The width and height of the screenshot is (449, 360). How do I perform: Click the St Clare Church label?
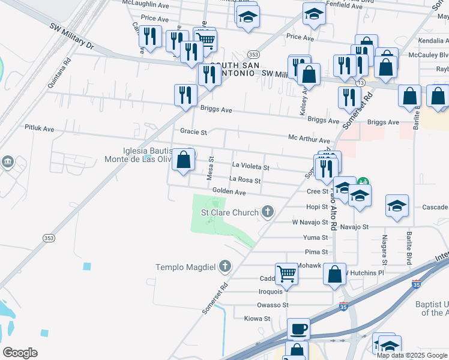[229, 212]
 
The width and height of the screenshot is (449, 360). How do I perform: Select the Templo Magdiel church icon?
[225, 265]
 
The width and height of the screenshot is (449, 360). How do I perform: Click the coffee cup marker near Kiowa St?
[298, 329]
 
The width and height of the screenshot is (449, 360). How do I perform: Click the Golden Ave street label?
[229, 192]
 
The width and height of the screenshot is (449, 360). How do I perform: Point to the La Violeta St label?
[250, 167]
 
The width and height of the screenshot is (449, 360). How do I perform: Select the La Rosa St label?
[245, 180]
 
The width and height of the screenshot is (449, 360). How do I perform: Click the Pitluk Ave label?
[39, 128]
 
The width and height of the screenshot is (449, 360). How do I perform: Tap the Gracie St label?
[193, 131]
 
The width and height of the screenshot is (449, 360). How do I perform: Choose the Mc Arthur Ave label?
[309, 139]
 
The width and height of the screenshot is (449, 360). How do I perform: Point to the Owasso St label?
[277, 305]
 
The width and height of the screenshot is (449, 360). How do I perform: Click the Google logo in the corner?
[20, 353]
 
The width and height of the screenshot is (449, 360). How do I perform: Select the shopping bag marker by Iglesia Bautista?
[184, 160]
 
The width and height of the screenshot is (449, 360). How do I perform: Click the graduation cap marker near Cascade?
[397, 206]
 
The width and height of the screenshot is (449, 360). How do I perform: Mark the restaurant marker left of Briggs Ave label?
[185, 95]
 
